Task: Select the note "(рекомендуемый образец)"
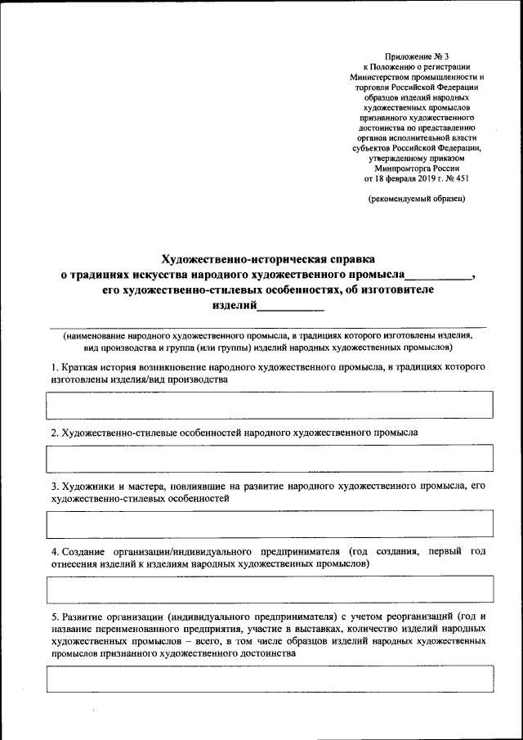pyautogui.click(x=417, y=199)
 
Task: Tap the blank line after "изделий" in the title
pyautogui.click(x=291, y=307)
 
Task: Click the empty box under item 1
pyautogui.click(x=270, y=404)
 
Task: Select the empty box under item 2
pyautogui.click(x=270, y=458)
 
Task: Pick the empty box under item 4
pyautogui.click(x=270, y=588)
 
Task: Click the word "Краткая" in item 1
pyautogui.click(x=80, y=367)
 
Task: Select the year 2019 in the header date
pyautogui.click(x=424, y=177)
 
